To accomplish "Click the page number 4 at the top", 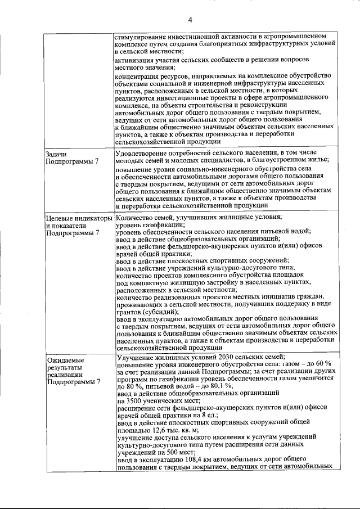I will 190,20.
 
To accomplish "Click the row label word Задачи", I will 57,154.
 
